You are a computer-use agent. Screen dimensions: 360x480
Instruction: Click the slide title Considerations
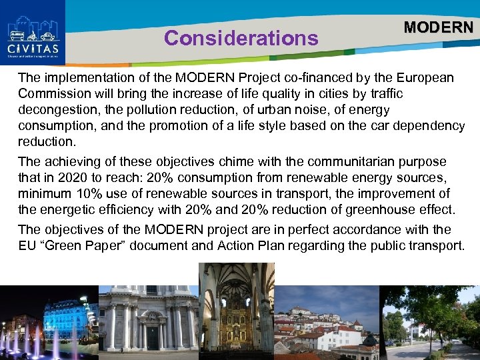coord(241,39)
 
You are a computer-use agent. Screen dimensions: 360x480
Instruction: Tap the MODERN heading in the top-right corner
coord(438,27)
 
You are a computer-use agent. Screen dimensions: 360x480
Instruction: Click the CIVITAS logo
coord(33,32)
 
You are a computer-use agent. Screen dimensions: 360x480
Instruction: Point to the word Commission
coord(52,94)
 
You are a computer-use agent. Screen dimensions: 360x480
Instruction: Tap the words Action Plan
coord(251,245)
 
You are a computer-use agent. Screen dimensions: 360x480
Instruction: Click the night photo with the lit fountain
coord(49,323)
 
